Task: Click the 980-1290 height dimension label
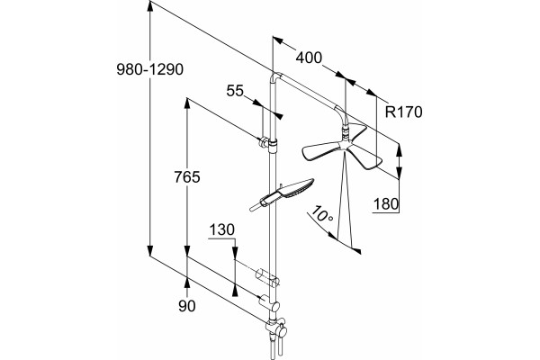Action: (x=149, y=69)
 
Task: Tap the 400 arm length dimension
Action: (x=309, y=58)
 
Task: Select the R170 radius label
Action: (x=403, y=112)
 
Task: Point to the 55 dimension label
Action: (x=235, y=91)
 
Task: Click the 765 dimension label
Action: (x=187, y=177)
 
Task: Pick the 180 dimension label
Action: (x=386, y=204)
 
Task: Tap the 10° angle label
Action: (x=321, y=214)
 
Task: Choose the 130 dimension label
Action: (x=221, y=229)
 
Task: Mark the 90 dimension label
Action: (x=187, y=306)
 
